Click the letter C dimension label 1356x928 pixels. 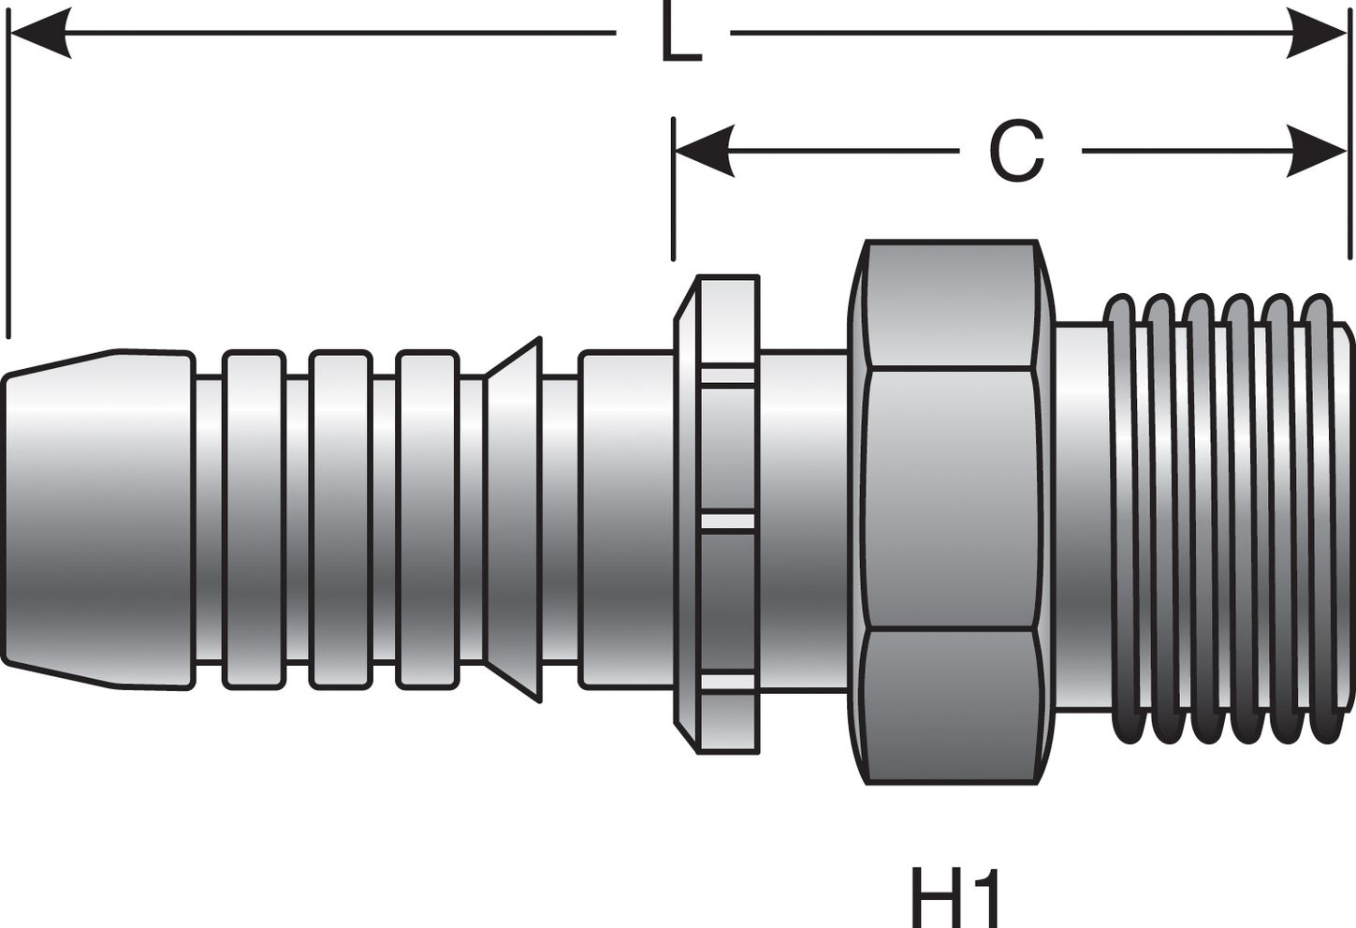pyautogui.click(x=1016, y=152)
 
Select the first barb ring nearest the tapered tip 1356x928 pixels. pyautogui.click(x=254, y=520)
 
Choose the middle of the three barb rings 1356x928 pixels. pyautogui.click(x=340, y=520)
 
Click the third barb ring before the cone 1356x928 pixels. pyautogui.click(x=427, y=520)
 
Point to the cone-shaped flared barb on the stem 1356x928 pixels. pyautogui.click(x=513, y=520)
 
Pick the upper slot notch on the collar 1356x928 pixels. pyautogui.click(x=727, y=377)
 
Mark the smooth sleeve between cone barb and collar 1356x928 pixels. pyautogui.click(x=625, y=520)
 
